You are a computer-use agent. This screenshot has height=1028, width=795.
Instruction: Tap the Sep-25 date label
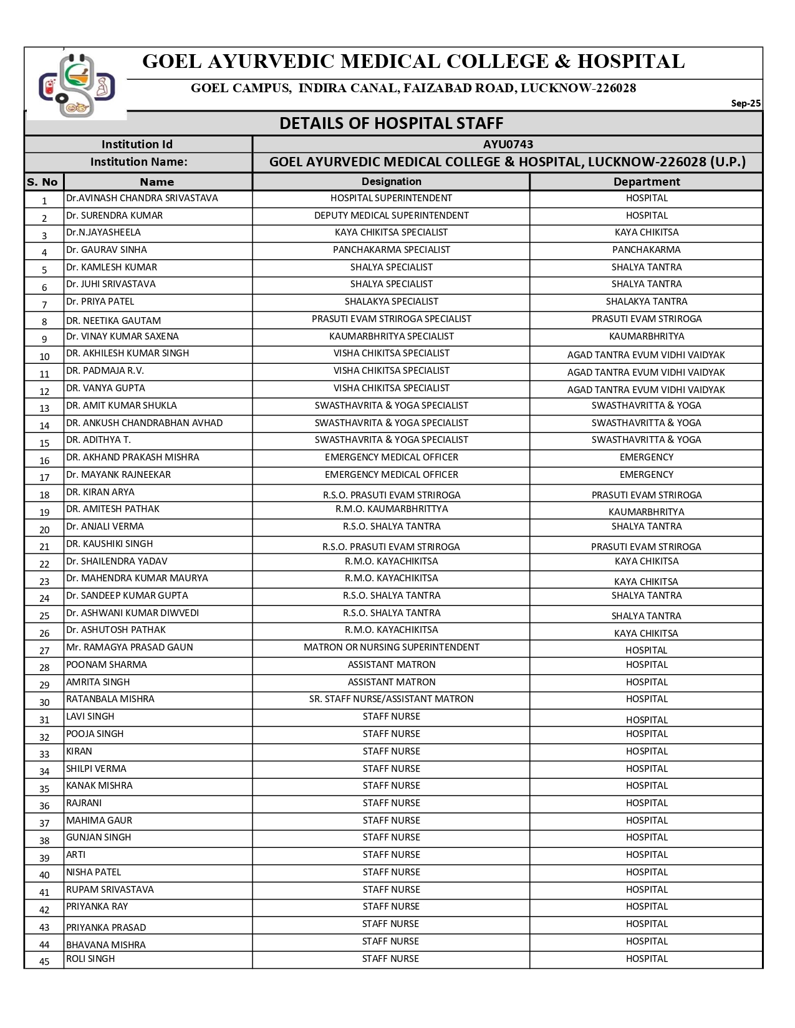746,103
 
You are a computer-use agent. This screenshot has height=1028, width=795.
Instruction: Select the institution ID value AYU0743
508,145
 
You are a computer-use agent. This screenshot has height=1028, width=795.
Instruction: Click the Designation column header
391,181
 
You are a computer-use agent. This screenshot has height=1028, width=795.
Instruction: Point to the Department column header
646,182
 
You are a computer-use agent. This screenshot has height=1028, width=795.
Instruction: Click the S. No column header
42,182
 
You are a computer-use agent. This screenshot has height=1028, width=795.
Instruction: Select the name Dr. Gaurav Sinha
107,250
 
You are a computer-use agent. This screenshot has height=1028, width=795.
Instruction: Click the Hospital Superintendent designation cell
391,198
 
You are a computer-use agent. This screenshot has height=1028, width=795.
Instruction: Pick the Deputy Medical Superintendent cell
391,216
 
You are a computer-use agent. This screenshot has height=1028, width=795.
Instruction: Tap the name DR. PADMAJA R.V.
105,371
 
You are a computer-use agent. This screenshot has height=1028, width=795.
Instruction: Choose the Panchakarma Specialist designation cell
391,250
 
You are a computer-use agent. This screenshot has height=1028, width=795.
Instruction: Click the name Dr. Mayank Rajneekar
118,475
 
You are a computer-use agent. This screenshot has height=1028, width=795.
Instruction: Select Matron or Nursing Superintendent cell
391,647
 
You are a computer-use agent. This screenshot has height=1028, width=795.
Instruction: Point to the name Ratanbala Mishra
110,699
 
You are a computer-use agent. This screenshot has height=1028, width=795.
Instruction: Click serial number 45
44,961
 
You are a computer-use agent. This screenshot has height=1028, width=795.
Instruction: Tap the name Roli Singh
90,959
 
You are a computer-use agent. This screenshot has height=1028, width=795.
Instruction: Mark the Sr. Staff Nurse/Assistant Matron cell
391,699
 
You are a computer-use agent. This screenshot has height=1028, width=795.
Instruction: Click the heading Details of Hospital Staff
391,123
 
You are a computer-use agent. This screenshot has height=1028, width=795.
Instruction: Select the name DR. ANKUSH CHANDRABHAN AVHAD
144,423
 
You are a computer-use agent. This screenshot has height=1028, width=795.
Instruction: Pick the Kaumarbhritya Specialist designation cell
391,336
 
